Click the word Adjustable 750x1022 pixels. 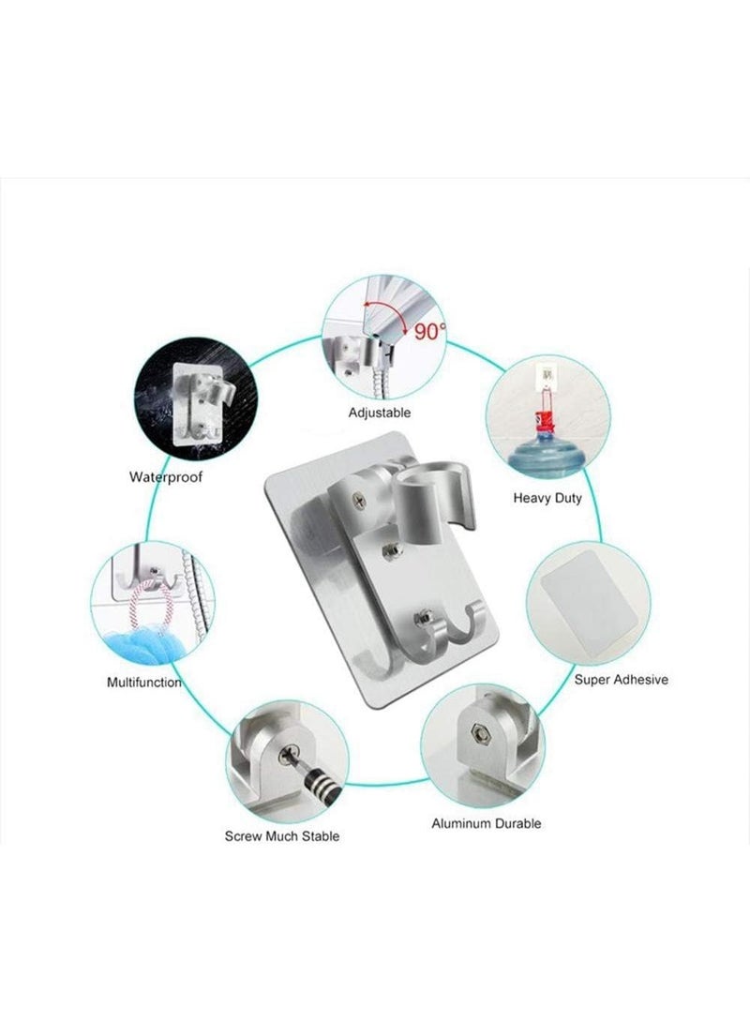pyautogui.click(x=379, y=413)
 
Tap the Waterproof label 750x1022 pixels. pyautogui.click(x=166, y=477)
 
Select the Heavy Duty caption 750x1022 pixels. pyautogui.click(x=547, y=498)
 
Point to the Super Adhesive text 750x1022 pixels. pyautogui.click(x=621, y=679)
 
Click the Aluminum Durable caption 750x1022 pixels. pyautogui.click(x=486, y=823)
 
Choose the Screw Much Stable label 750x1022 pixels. pyautogui.click(x=281, y=834)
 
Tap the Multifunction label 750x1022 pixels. pyautogui.click(x=143, y=682)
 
